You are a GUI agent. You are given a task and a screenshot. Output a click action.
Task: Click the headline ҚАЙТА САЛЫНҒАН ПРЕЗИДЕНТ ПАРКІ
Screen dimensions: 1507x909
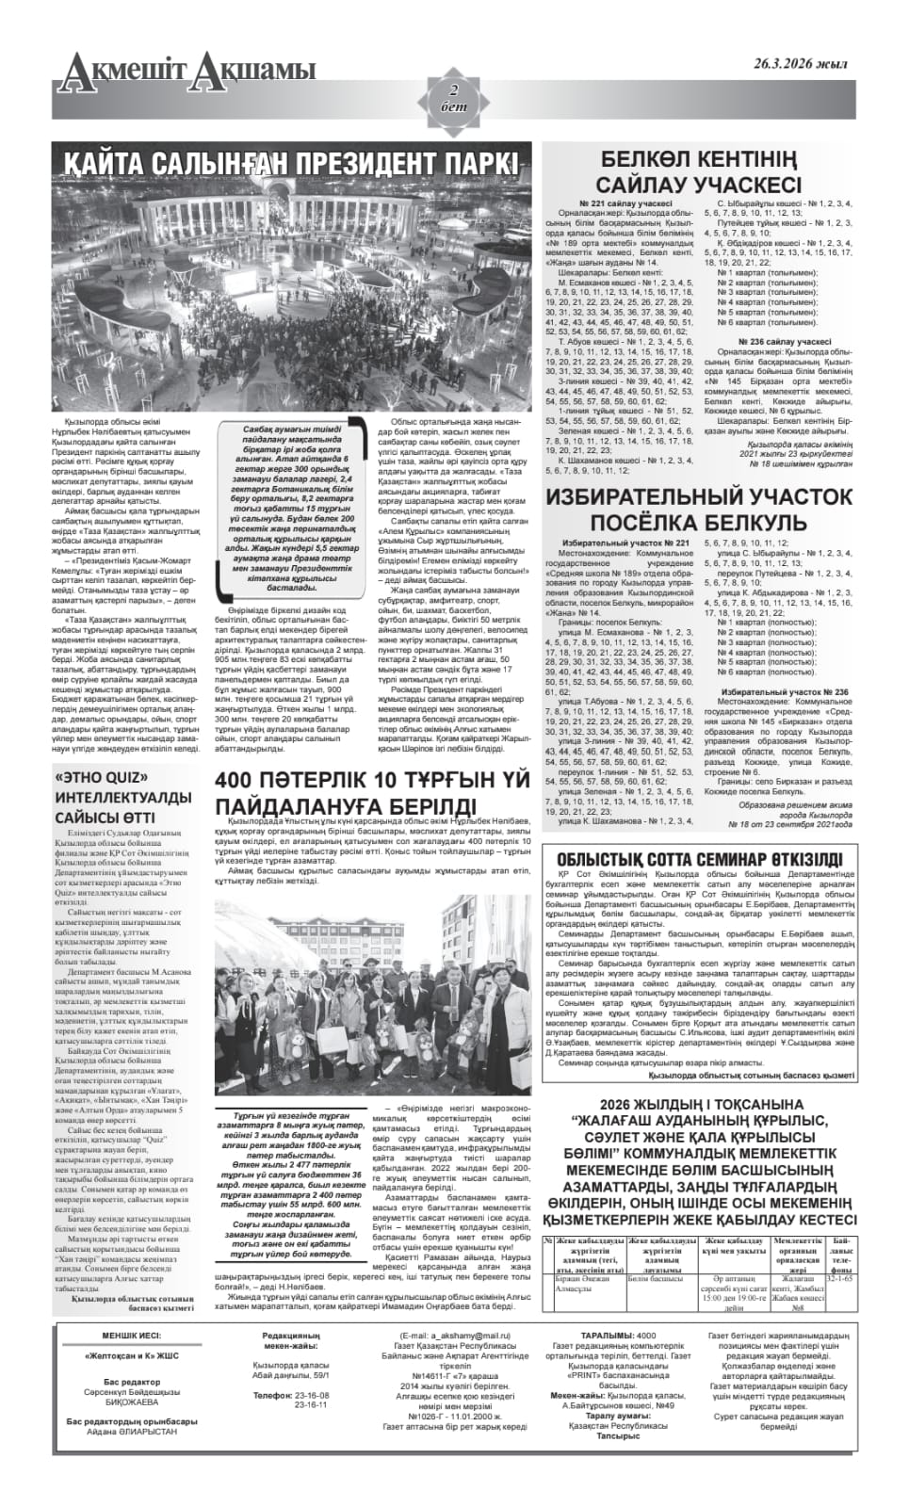290,163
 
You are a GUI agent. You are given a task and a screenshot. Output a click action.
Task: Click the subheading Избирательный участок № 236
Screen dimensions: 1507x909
784,692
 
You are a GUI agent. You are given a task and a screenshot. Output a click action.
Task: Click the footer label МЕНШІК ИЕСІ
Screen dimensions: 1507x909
132,1336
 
